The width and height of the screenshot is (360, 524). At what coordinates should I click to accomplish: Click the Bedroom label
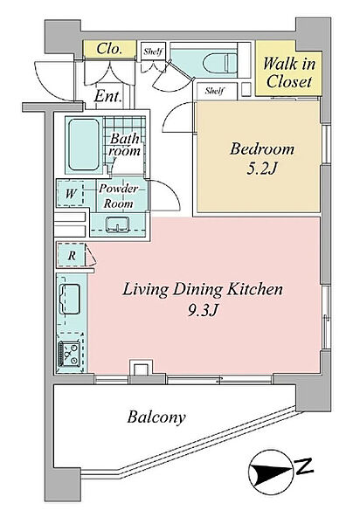pyautogui.click(x=262, y=149)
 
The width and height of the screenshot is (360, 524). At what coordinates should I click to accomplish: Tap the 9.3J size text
pyautogui.click(x=203, y=311)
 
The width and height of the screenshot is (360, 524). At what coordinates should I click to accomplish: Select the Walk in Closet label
pyautogui.click(x=289, y=72)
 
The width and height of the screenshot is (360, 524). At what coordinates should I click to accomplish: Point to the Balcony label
pyautogui.click(x=156, y=417)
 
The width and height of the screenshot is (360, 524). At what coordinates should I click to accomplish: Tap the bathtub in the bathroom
pyautogui.click(x=84, y=145)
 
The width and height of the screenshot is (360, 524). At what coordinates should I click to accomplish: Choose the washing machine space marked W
pyautogui.click(x=71, y=193)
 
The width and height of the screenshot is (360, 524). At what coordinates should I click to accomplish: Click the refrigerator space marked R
pyautogui.click(x=72, y=256)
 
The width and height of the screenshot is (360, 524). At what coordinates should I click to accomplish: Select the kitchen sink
pyautogui.click(x=70, y=299)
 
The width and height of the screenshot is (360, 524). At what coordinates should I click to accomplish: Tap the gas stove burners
pyautogui.click(x=70, y=354)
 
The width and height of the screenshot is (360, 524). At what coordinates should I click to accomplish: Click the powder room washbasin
pyautogui.click(x=118, y=224)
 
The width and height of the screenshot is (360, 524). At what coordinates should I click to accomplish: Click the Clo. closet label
pyautogui.click(x=109, y=49)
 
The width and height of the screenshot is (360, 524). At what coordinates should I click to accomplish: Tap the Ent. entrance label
pyautogui.click(x=107, y=97)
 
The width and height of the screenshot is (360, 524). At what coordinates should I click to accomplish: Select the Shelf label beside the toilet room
pyautogui.click(x=153, y=52)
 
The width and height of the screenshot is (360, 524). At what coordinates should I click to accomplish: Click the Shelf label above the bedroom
pyautogui.click(x=215, y=91)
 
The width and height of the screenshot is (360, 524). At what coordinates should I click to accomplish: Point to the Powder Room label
pyautogui.click(x=118, y=196)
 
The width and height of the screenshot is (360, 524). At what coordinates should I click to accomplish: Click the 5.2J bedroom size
pyautogui.click(x=262, y=169)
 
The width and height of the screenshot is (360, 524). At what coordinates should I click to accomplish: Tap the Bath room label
pyautogui.click(x=124, y=144)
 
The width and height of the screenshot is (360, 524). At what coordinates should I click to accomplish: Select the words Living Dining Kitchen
pyautogui.click(x=203, y=289)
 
